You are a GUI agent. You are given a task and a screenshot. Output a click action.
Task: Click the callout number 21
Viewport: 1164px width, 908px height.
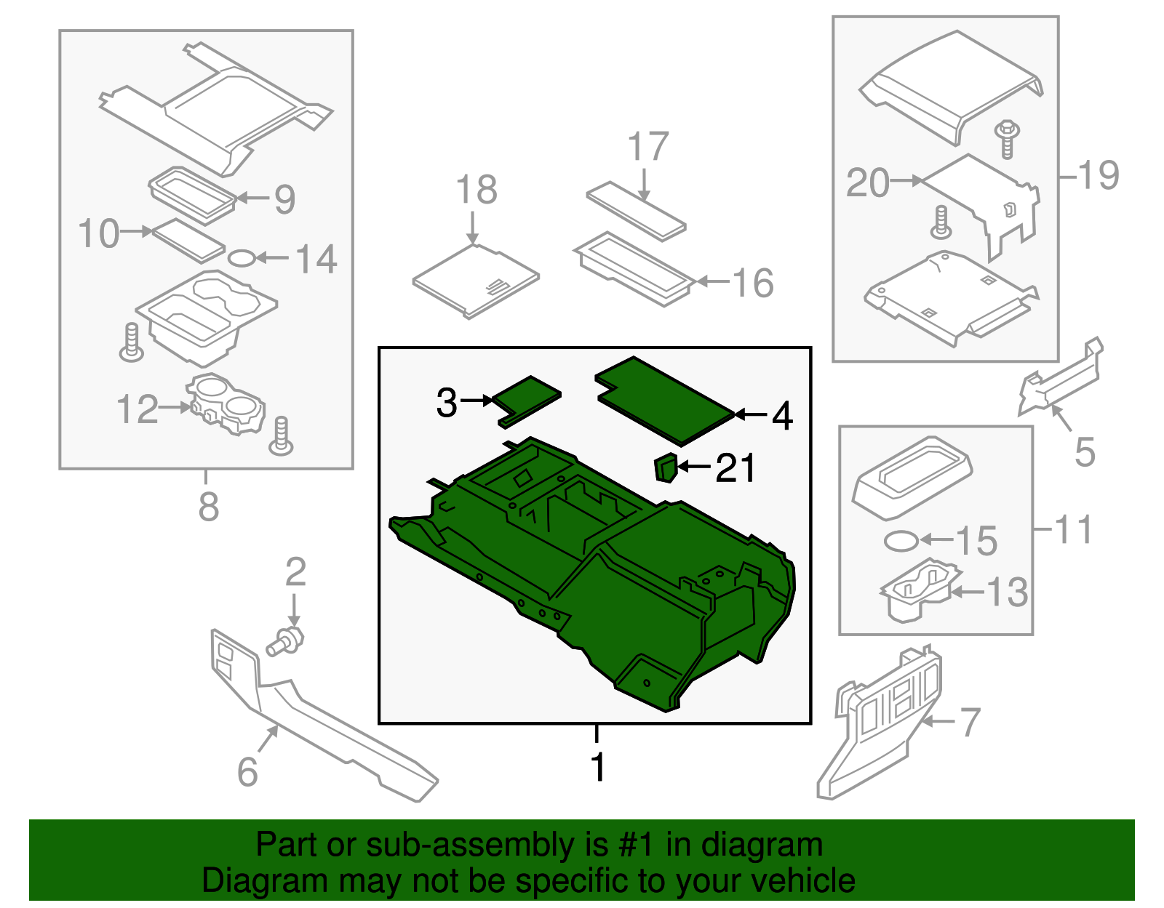(736, 468)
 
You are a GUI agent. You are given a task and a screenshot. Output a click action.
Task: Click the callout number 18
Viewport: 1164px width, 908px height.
(477, 190)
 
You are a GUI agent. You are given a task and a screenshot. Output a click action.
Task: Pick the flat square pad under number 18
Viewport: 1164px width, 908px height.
(475, 281)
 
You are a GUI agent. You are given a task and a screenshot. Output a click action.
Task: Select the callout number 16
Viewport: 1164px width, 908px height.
(753, 283)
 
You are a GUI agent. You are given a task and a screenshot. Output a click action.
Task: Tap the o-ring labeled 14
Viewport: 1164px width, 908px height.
(242, 257)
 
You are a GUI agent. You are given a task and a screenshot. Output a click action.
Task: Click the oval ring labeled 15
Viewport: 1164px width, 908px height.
(901, 541)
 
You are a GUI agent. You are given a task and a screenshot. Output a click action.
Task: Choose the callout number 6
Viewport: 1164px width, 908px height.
(247, 772)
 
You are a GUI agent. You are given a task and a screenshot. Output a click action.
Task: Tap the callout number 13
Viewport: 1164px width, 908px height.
(1007, 592)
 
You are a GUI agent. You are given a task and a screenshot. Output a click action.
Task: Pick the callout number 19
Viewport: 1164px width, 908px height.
(1099, 175)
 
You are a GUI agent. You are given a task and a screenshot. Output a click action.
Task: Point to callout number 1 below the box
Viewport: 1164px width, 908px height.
(598, 768)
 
